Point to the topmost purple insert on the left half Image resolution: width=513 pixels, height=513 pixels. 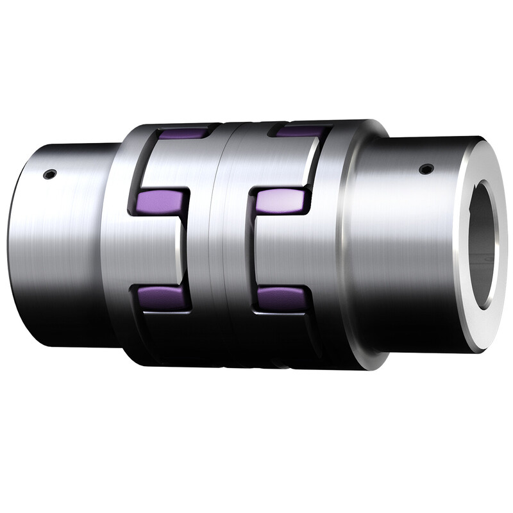183,134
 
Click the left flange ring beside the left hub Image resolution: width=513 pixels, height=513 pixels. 119,244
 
